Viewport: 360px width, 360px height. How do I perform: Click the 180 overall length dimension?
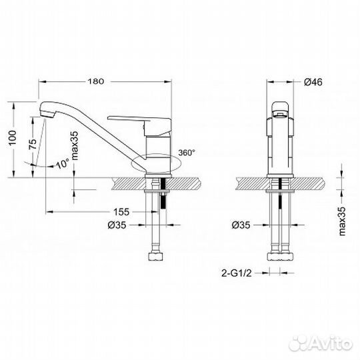click(x=97, y=82)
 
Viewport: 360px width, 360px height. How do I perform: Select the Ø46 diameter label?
click(x=314, y=82)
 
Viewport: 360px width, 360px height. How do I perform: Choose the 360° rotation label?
click(x=186, y=153)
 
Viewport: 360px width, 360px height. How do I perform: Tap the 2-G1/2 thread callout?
click(x=240, y=273)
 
